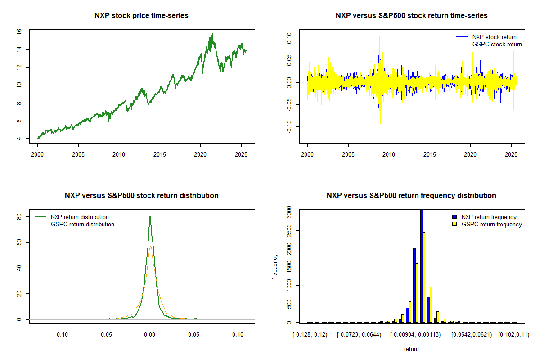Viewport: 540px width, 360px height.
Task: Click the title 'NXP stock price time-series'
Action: (141, 16)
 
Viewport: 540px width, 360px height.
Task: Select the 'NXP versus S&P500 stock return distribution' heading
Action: (141, 196)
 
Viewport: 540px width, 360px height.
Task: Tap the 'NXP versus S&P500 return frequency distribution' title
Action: (411, 196)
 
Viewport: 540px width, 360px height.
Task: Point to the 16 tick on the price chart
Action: (19, 32)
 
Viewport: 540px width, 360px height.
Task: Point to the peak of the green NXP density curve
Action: (150, 216)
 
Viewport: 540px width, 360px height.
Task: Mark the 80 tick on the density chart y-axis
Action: (19, 216)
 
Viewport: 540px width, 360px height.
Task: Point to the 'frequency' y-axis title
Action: (275, 266)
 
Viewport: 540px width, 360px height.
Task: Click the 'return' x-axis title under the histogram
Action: (411, 349)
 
